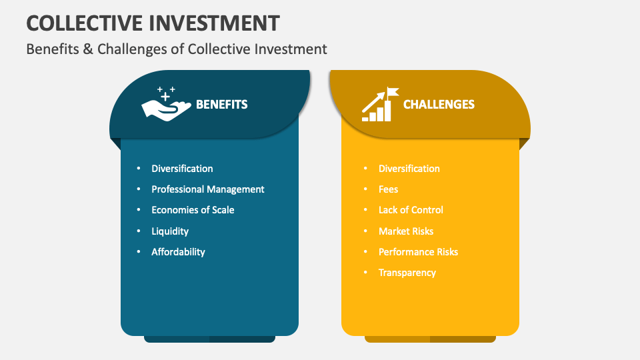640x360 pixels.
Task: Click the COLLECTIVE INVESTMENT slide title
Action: (x=153, y=23)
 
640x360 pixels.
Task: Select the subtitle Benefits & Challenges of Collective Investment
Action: (x=177, y=49)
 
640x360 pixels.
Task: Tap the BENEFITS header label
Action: (x=221, y=104)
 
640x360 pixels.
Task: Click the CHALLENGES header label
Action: (x=439, y=104)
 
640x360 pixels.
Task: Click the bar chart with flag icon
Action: (x=379, y=105)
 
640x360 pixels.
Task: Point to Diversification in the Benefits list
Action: (x=182, y=169)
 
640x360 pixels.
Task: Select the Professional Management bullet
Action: (x=207, y=189)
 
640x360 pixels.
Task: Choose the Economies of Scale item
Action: (x=193, y=210)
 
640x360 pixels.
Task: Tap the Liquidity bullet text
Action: (x=170, y=231)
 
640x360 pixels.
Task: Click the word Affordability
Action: (x=178, y=252)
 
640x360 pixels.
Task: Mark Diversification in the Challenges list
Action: (x=409, y=169)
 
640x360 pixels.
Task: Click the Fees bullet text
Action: (x=388, y=189)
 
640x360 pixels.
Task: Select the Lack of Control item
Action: (x=411, y=210)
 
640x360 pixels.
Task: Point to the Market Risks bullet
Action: (x=406, y=231)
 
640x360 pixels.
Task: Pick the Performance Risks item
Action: (x=418, y=252)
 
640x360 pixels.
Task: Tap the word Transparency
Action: (x=407, y=273)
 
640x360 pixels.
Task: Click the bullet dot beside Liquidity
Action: (x=139, y=231)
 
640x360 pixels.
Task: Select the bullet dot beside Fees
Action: (x=366, y=189)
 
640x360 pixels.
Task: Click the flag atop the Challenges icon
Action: (x=393, y=91)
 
